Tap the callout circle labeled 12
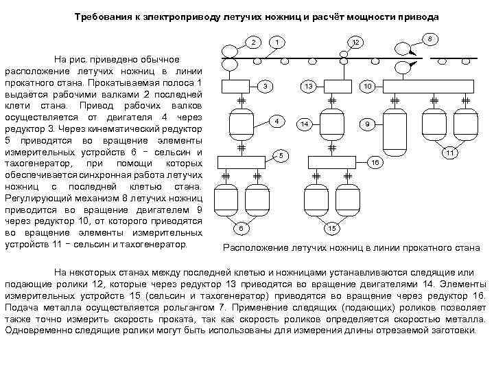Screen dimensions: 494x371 (355, 43)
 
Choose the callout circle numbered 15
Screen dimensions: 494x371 (331, 227)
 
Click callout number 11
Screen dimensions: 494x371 (449, 153)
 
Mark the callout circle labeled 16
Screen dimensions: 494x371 (375, 163)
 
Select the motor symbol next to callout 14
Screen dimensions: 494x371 (331, 124)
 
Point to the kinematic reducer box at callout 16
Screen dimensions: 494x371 (331, 162)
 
